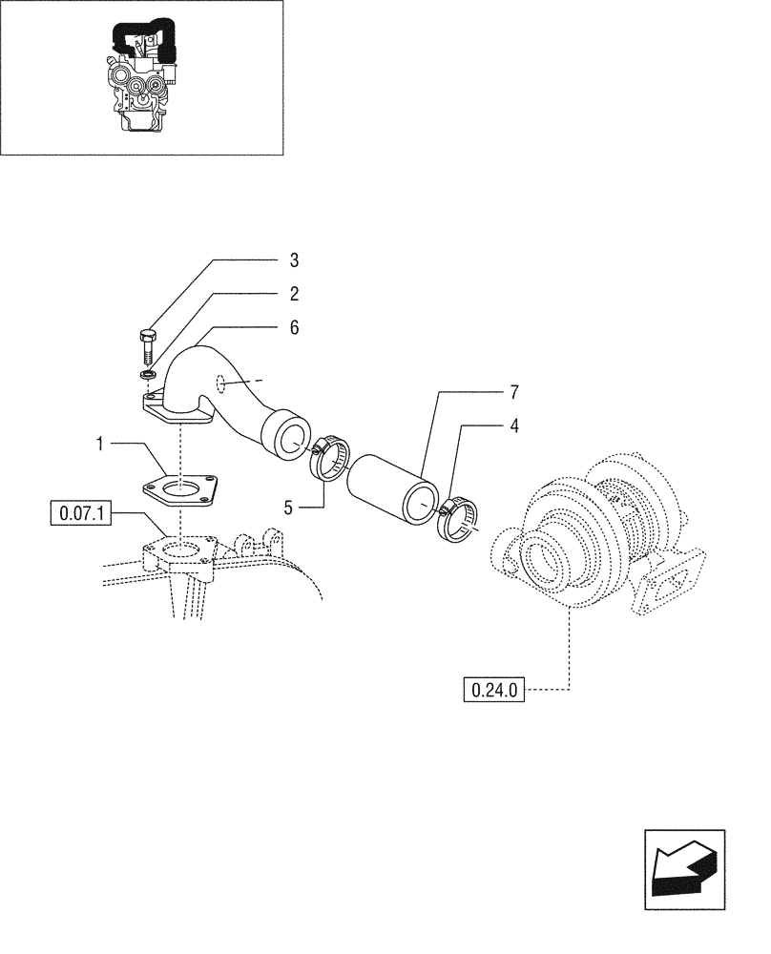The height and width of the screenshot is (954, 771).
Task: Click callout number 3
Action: tap(294, 259)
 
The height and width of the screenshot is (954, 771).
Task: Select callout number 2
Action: tap(294, 293)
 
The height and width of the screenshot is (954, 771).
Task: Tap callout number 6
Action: tap(294, 327)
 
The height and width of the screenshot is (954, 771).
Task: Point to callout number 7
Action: tap(514, 392)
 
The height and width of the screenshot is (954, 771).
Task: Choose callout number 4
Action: tap(514, 426)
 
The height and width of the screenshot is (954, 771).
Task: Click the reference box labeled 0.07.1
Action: tap(80, 514)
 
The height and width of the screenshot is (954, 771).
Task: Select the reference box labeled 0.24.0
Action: tap(493, 689)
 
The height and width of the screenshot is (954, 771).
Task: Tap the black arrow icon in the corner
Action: tap(683, 864)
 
